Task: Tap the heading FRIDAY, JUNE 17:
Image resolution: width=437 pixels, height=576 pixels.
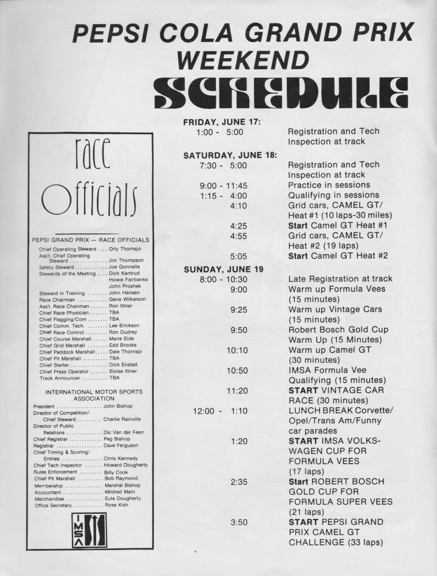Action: coord(222,122)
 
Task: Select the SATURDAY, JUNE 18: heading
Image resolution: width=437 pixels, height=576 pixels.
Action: coord(230,155)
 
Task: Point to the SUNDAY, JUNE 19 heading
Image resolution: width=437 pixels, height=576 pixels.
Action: coord(222,269)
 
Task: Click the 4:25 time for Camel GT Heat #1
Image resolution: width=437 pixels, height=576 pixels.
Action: coord(238,225)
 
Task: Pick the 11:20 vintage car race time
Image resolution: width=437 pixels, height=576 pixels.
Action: coord(238,391)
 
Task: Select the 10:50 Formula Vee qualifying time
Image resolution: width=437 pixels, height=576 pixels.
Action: coord(238,370)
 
